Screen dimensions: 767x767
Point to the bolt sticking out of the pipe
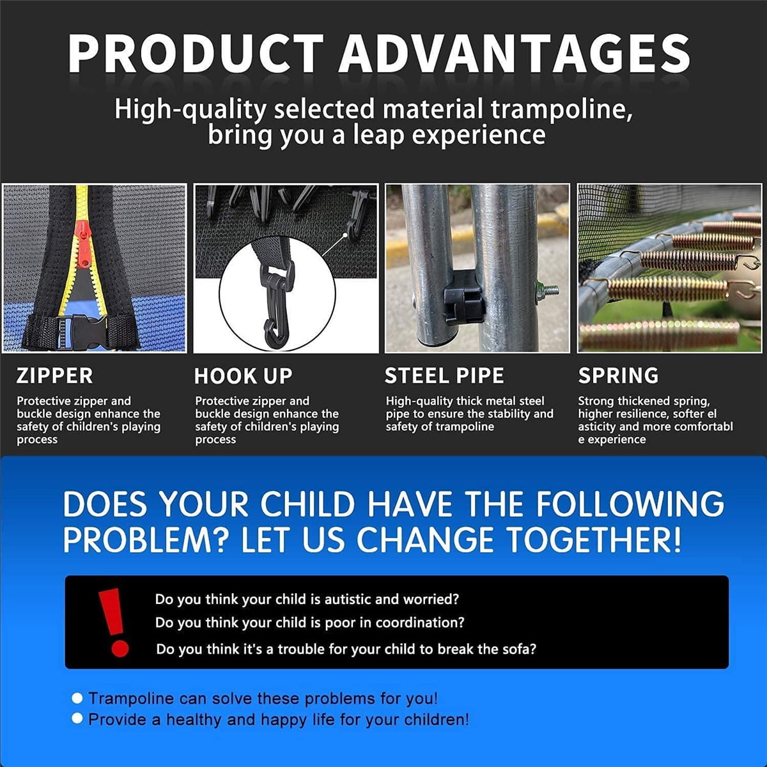pos(547,289)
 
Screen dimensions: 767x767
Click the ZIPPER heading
pos(54,376)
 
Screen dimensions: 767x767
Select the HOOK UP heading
pos(243,376)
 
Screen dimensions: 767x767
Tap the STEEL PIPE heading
pos(444,376)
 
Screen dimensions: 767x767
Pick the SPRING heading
pos(618,376)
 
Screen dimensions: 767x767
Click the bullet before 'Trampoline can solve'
pos(77,698)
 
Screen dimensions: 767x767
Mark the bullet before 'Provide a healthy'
pos(77,718)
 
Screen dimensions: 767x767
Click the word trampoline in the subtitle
pos(562,110)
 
